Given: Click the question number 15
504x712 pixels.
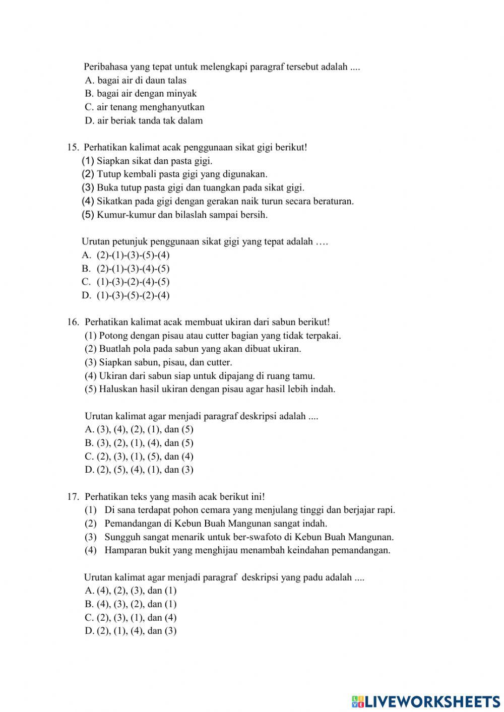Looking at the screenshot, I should [x=72, y=148].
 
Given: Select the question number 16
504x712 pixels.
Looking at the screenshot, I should [x=73, y=322].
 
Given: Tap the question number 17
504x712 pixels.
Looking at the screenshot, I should [x=73, y=497].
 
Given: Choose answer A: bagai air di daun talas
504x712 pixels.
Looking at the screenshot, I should [x=136, y=80].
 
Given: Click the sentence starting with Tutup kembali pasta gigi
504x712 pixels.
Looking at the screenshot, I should [x=181, y=174].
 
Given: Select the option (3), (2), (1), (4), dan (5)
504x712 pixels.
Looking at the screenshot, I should [x=139, y=443].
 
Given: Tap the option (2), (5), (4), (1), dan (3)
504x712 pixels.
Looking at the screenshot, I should [x=139, y=470].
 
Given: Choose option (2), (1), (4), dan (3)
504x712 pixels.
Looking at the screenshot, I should [x=131, y=631].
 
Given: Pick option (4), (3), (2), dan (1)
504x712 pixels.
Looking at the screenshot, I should [x=131, y=604].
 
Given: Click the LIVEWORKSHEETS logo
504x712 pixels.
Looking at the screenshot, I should [x=426, y=701].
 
